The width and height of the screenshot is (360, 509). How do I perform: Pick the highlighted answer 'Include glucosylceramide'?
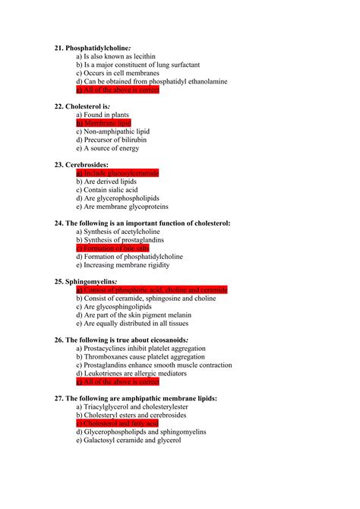pos(117,173)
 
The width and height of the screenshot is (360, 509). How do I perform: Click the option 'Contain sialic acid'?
pos(111,190)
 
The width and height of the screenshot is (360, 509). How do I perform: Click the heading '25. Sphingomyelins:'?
pos(86,281)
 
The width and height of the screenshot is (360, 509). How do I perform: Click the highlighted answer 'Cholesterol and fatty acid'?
pos(118,423)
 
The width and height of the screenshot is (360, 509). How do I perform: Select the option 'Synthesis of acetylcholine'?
pos(118,232)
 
